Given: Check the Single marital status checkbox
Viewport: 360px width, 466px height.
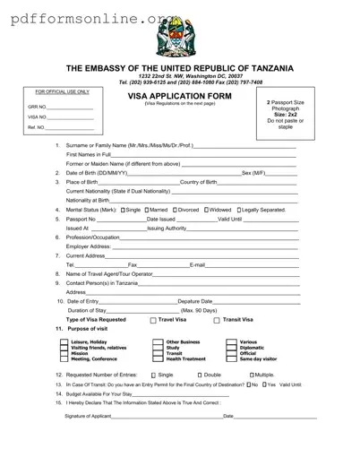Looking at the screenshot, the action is tap(123, 210).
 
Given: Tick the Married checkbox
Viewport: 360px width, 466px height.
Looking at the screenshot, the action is tap(152, 210).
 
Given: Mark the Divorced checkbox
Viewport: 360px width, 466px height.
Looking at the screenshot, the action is tap(182, 210).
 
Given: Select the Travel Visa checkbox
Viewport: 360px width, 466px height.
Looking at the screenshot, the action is tap(153, 320).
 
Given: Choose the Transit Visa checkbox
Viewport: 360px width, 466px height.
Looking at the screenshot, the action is tap(218, 320).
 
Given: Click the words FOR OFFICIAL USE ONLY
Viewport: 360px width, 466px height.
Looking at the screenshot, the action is tap(63, 92).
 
